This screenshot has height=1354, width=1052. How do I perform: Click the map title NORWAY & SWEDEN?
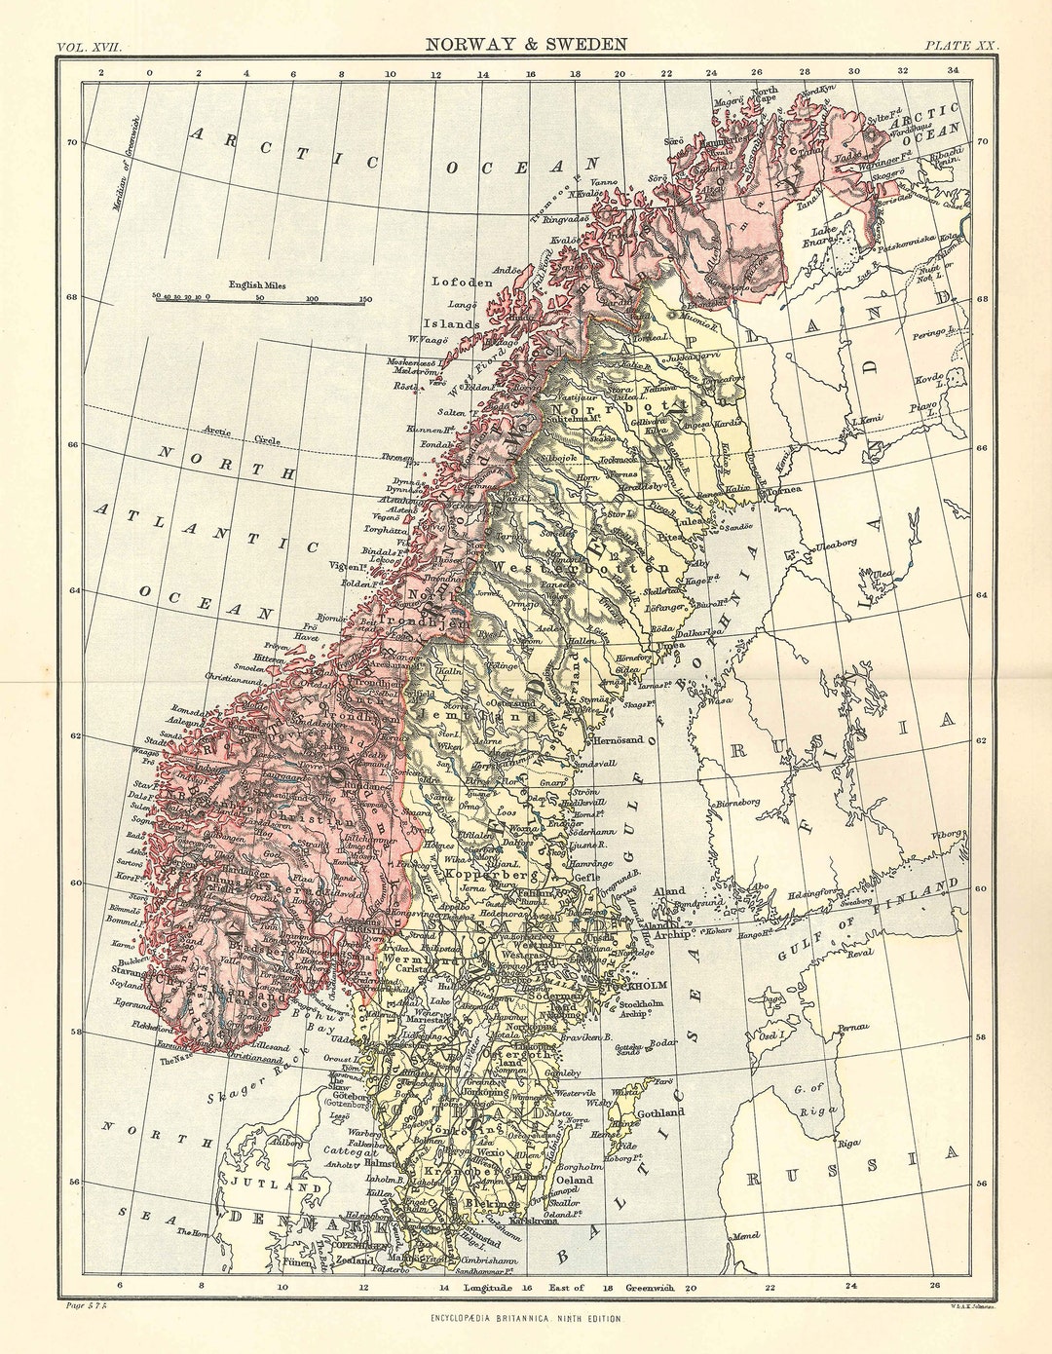(x=526, y=44)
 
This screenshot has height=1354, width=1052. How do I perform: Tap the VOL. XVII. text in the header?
(x=89, y=46)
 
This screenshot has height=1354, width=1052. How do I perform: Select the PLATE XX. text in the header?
(x=960, y=46)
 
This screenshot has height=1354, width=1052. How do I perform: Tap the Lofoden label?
(x=462, y=282)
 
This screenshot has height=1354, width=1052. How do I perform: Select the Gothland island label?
(x=660, y=1112)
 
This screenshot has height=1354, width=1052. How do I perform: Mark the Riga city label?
(x=848, y=1144)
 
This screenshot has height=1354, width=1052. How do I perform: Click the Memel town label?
(x=747, y=1235)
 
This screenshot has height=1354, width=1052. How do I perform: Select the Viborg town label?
(x=946, y=835)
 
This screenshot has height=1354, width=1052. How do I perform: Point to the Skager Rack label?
(x=250, y=1081)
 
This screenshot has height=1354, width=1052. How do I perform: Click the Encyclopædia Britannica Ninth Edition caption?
(x=526, y=1318)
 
